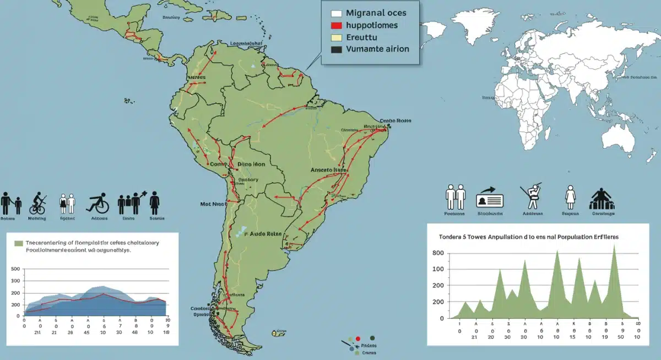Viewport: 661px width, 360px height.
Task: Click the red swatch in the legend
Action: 337,25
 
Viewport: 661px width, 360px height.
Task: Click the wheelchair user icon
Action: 98,203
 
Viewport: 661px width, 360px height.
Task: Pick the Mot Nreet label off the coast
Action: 213,204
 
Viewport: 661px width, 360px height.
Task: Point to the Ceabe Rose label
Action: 396,120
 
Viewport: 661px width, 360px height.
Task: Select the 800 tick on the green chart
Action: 438,253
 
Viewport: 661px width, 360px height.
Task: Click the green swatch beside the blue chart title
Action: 19,243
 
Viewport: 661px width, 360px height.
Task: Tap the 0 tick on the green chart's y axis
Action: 441,318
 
